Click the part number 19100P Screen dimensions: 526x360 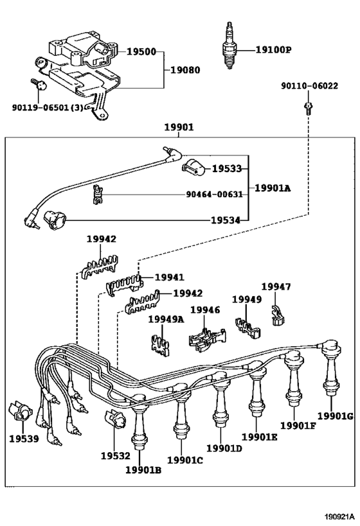click(x=274, y=49)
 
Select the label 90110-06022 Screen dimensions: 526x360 click(x=309, y=86)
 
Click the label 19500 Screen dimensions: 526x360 click(x=141, y=51)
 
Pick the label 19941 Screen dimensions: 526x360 click(x=169, y=277)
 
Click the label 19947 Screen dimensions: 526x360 click(x=276, y=287)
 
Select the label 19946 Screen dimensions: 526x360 click(x=205, y=310)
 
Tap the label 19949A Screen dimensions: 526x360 click(x=166, y=319)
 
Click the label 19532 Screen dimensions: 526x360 click(x=115, y=455)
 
